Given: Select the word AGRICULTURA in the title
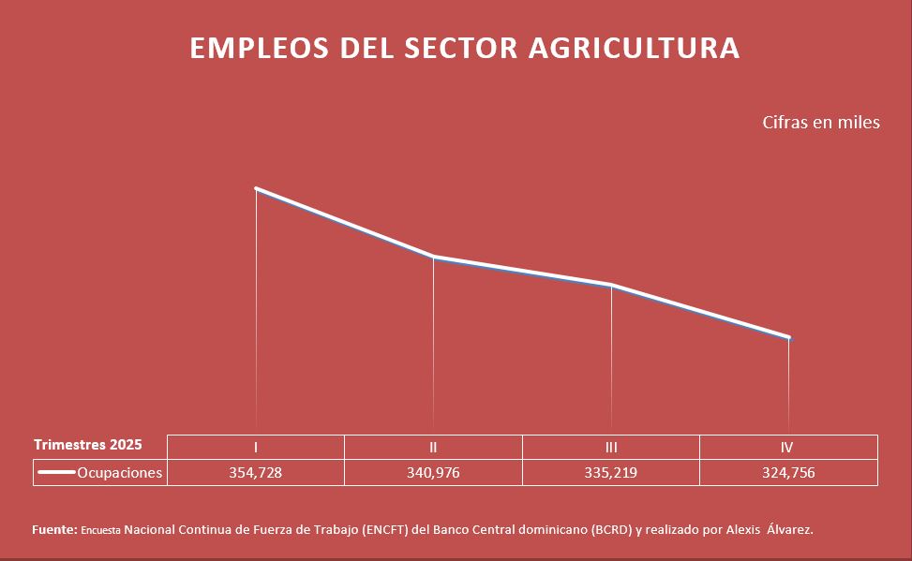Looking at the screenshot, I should pos(635,49).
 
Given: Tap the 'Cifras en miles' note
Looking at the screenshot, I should pos(821,123).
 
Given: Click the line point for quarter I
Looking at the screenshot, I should pos(256,189).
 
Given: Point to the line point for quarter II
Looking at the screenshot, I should pos(433,257).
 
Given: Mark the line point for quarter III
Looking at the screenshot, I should pos(611,285).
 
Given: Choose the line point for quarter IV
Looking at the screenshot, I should pos(788,337).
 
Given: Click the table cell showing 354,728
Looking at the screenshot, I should pos(255,473).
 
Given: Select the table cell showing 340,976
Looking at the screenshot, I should pos(433,473).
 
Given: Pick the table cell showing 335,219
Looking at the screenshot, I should pos(610,473).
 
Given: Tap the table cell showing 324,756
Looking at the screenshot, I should pos(788,473).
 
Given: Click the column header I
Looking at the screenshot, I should pos(256,448).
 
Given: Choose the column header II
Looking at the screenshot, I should pos(433,448).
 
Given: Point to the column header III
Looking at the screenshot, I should pos(611,448).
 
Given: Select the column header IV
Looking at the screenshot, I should pos(788,448).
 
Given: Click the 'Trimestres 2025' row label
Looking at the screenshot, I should pos(88,444).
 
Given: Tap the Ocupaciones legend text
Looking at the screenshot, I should pos(120,473).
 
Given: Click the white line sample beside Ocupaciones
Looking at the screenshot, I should pos(56,473).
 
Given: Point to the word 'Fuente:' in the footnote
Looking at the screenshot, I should pos(54,530).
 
